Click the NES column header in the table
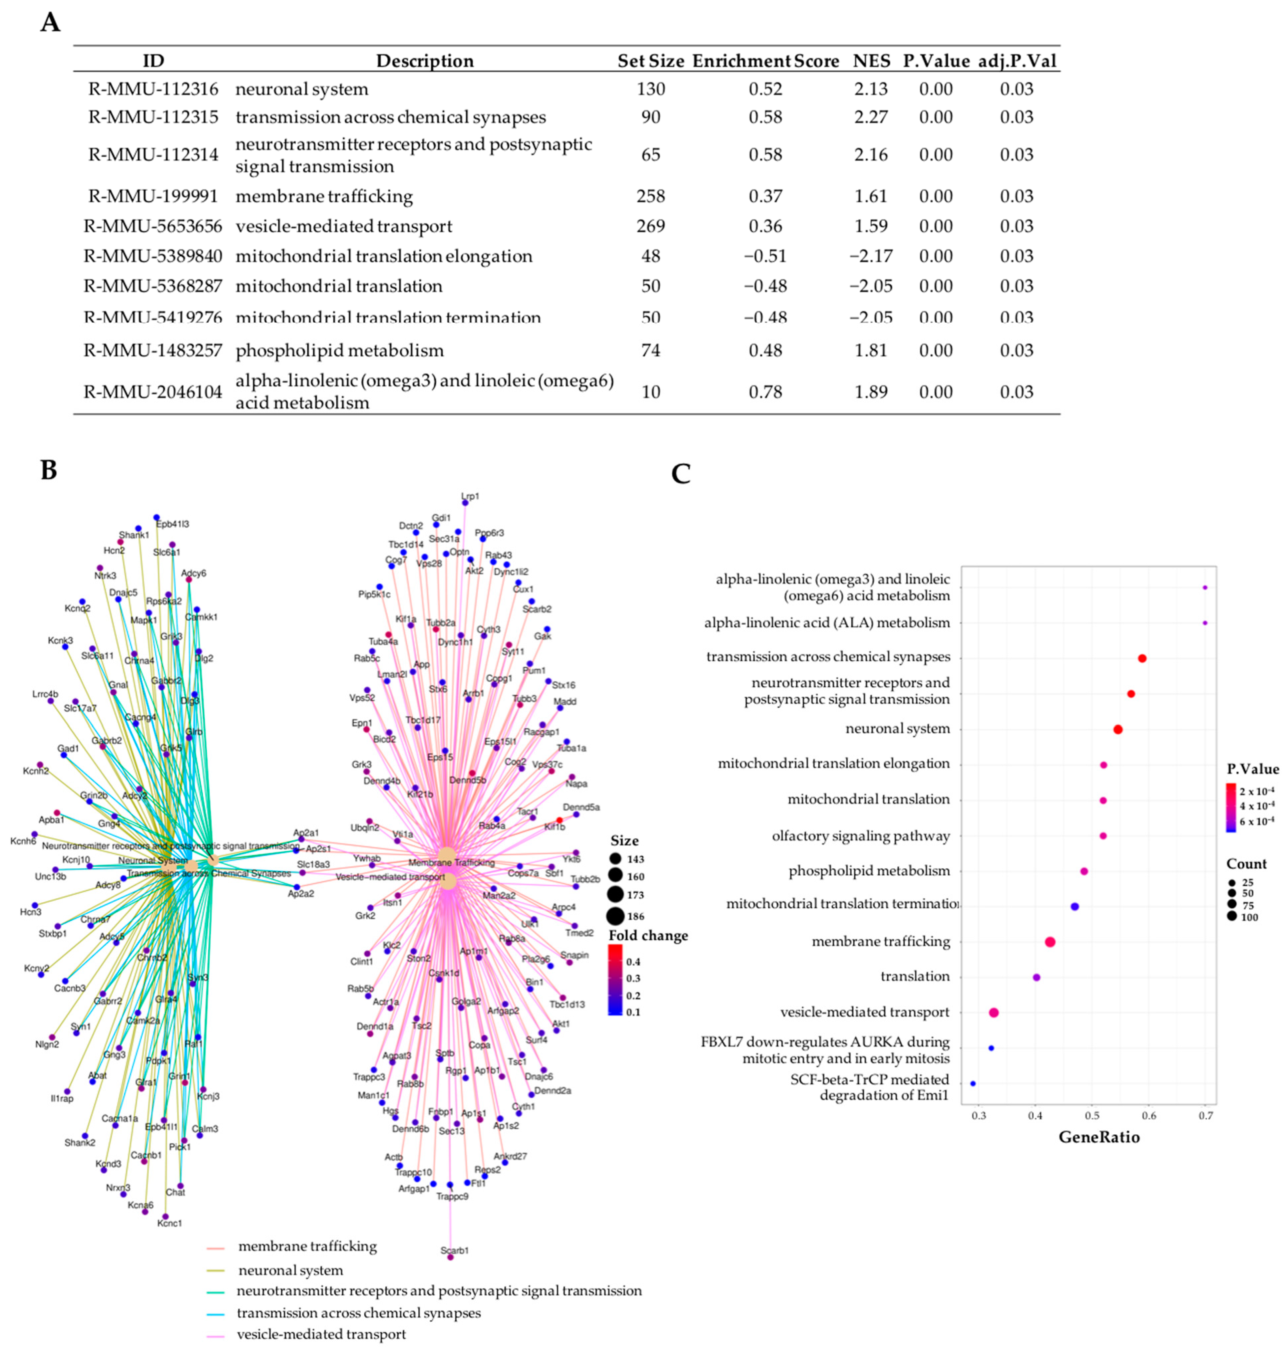(871, 61)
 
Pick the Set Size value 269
(650, 226)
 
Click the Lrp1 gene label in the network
(470, 497)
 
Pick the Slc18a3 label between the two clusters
(314, 864)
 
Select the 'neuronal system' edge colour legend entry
(290, 1270)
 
